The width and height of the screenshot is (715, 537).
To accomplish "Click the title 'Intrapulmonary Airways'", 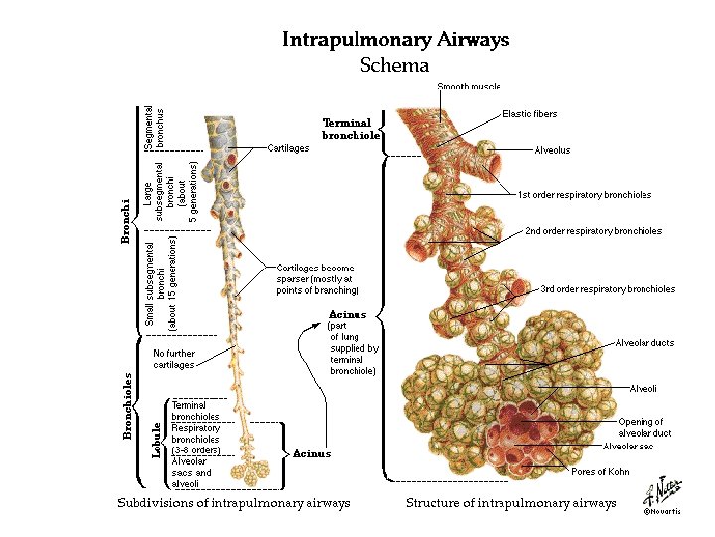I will click(x=395, y=40).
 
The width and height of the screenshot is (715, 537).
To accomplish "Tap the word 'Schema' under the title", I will click(x=395, y=65).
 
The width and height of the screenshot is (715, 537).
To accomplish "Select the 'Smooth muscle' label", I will click(x=470, y=87).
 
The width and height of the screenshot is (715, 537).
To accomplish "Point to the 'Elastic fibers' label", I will click(x=530, y=114).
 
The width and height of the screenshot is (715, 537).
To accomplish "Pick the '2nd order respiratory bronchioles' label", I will click(x=594, y=231).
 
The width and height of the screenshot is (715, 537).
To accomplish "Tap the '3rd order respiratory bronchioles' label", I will click(x=608, y=289).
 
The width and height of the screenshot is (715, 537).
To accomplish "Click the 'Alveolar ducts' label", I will click(x=645, y=343).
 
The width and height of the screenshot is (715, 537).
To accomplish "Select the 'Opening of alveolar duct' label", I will click(x=641, y=428).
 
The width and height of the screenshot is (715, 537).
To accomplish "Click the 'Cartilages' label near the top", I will click(x=289, y=148).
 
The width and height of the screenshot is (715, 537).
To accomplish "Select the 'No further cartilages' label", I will click(x=174, y=359).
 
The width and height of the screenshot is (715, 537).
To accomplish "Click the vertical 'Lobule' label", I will click(x=157, y=439).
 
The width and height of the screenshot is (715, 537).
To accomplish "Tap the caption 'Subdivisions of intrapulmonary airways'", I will click(x=234, y=503).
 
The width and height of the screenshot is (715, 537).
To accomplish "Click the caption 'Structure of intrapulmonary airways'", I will click(x=511, y=503).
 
